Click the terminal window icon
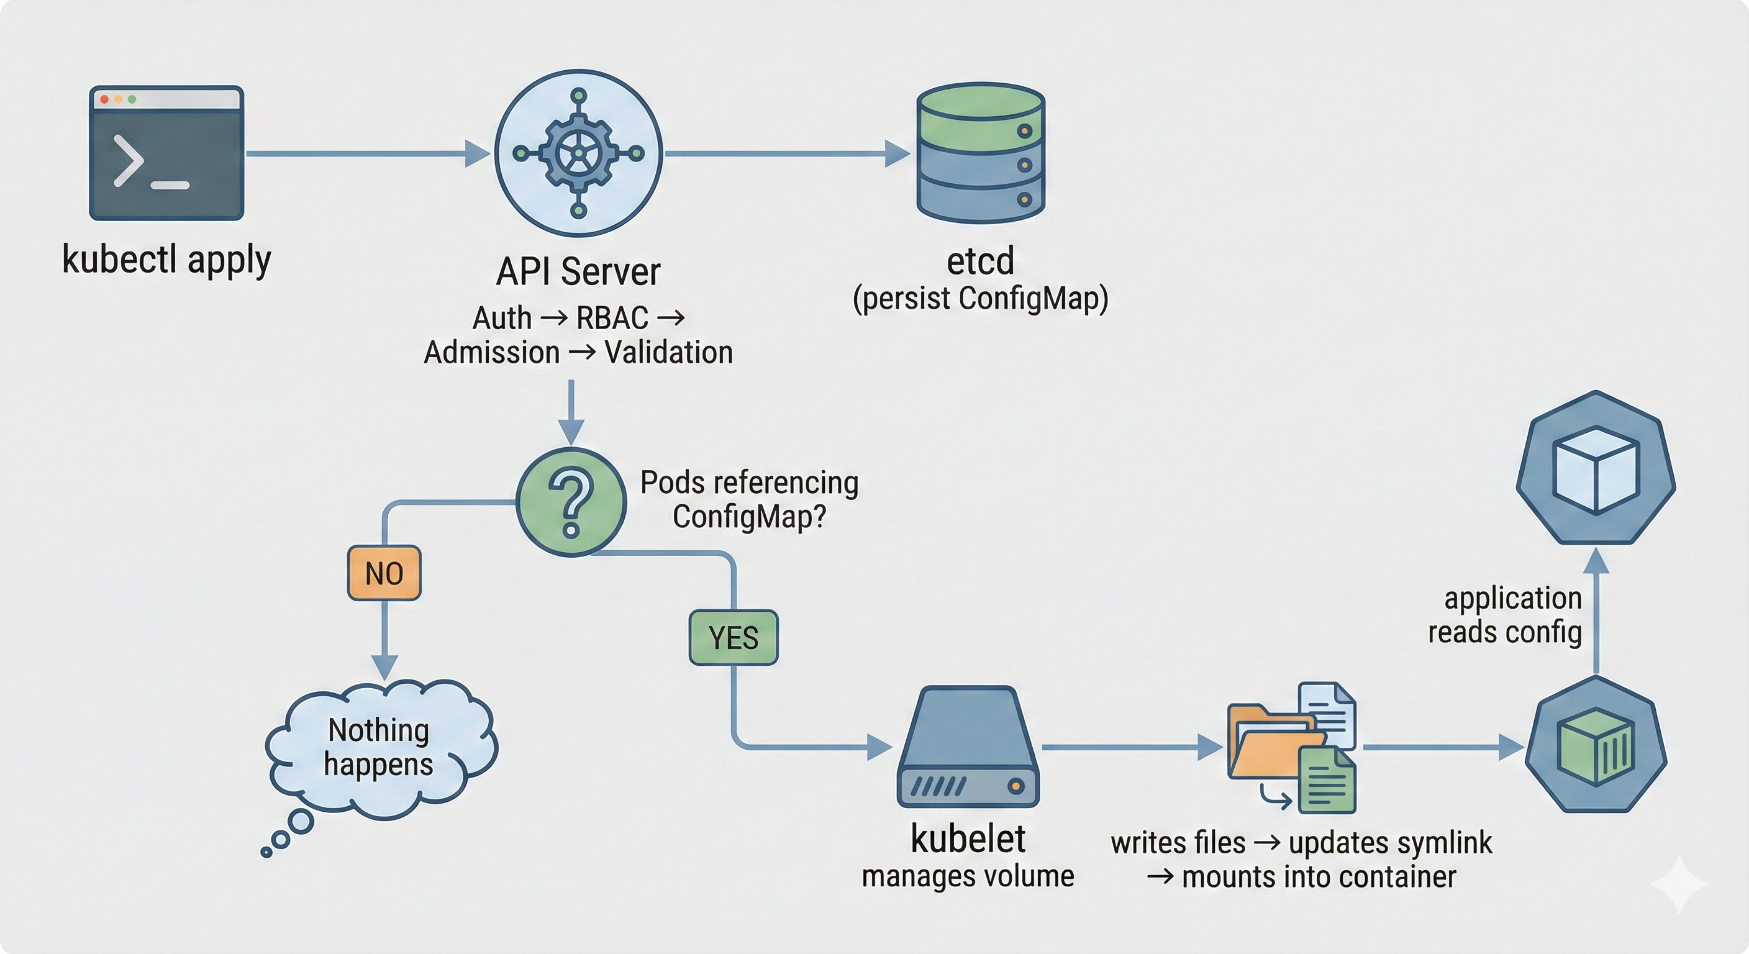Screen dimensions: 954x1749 pyautogui.click(x=166, y=153)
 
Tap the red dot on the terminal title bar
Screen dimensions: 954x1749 pyautogui.click(x=104, y=99)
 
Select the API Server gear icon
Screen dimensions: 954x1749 pyautogui.click(x=578, y=153)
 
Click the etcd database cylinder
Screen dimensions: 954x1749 pyautogui.click(x=981, y=153)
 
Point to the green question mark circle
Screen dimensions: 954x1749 pyautogui.click(x=571, y=502)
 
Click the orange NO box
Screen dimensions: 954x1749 pyautogui.click(x=384, y=573)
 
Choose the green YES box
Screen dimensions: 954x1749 pyautogui.click(x=734, y=638)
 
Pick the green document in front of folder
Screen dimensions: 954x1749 pyautogui.click(x=1327, y=781)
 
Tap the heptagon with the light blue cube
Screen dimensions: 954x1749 pyautogui.click(x=1596, y=468)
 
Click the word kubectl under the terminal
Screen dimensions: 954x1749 pyautogui.click(x=119, y=260)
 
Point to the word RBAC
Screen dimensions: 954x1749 pyautogui.click(x=612, y=318)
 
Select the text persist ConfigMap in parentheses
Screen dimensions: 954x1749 pyautogui.click(x=981, y=299)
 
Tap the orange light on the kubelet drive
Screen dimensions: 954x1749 pyautogui.click(x=1015, y=786)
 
